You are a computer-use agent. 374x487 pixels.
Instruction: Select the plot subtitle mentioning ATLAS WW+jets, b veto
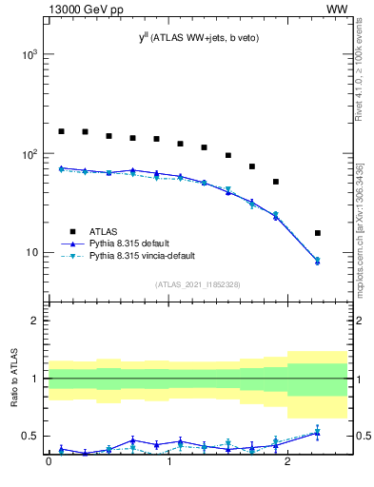tap(198, 37)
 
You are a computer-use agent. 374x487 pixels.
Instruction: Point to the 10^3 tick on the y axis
tap(29, 55)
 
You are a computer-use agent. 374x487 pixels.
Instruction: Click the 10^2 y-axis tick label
tap(29, 154)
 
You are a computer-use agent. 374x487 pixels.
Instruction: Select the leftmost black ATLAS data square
tap(62, 131)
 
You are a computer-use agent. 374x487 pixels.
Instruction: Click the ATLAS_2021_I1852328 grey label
tap(197, 284)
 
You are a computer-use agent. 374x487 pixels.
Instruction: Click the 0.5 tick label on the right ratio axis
tap(361, 436)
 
